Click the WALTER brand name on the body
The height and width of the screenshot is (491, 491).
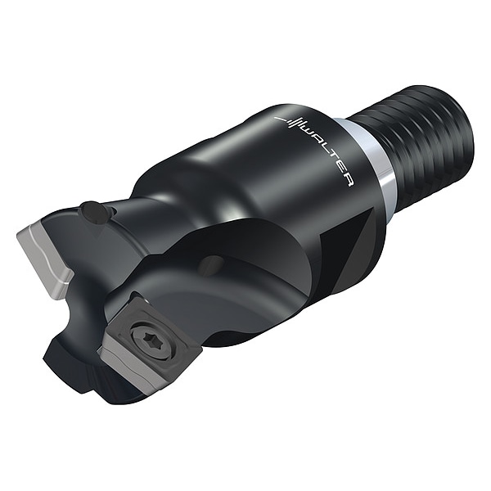(x=322, y=150)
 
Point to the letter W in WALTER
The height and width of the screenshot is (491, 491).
(x=304, y=133)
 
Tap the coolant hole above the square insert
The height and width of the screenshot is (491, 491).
(x=212, y=265)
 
